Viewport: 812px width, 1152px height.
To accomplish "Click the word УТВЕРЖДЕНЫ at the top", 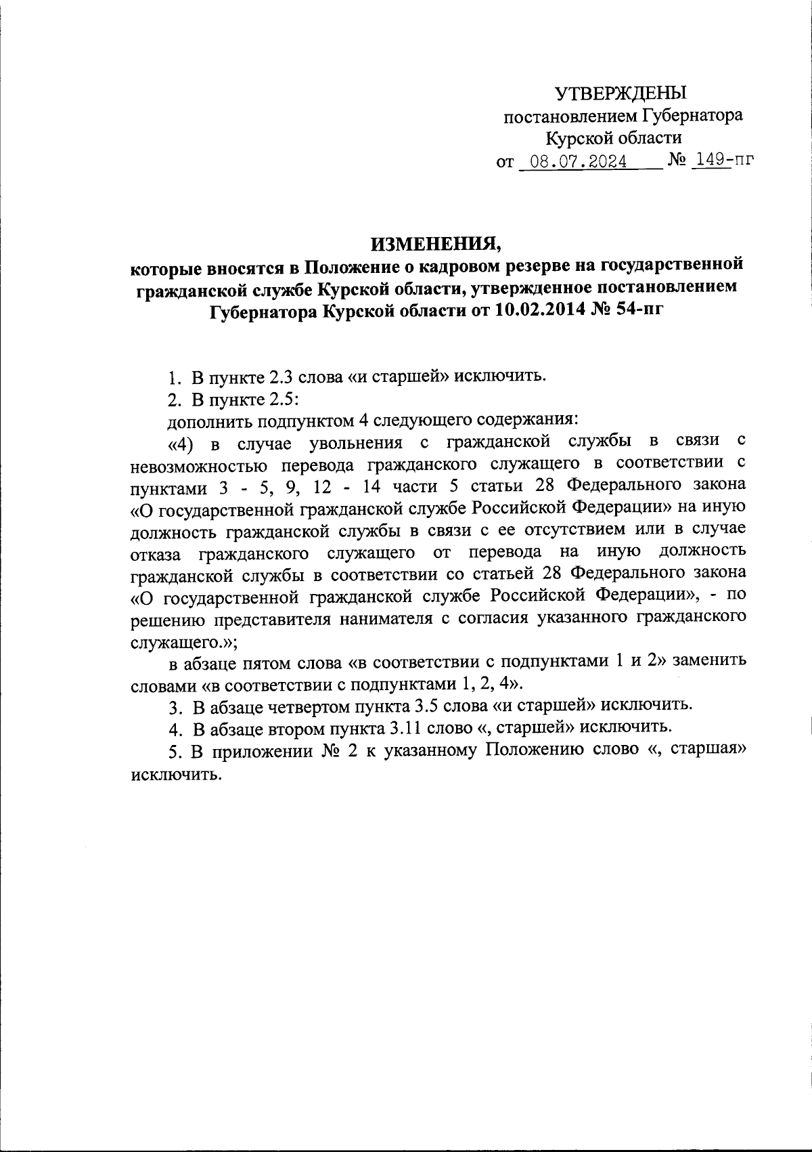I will [621, 92].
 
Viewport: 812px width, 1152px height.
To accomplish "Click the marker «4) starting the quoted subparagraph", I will [185, 444].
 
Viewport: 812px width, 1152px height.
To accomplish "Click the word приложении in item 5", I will [252, 750].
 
